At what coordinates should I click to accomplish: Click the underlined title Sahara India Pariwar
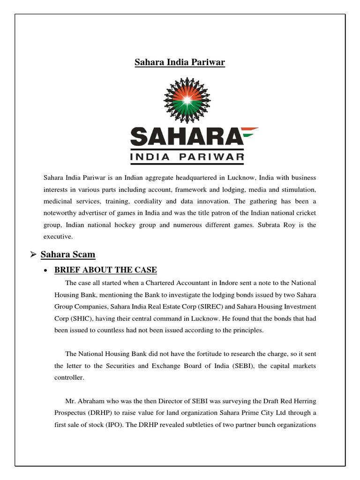pos(180,62)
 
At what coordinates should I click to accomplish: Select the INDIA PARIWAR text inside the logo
pos(187,157)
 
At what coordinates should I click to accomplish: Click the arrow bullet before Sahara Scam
pos(33,255)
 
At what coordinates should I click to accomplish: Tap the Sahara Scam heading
pos(68,255)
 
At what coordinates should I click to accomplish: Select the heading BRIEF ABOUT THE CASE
pos(105,270)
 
